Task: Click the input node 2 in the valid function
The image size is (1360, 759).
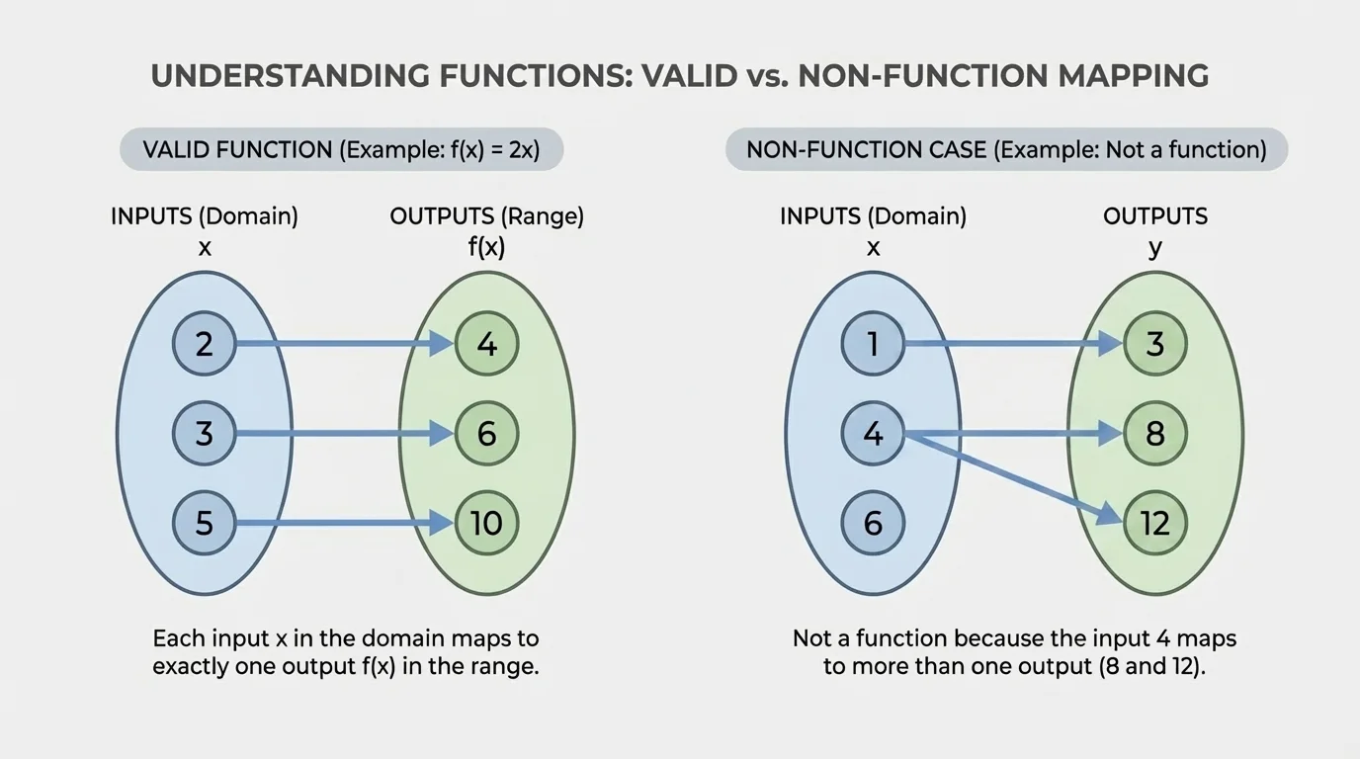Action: [x=205, y=344]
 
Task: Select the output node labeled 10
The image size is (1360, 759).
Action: [x=486, y=523]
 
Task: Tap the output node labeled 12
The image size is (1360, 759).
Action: [x=1154, y=523]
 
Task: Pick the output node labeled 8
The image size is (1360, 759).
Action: [x=1154, y=433]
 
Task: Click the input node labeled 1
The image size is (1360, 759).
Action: [x=873, y=344]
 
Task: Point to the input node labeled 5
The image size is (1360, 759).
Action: [x=205, y=523]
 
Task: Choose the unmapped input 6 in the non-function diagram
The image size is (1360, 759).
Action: [x=873, y=523]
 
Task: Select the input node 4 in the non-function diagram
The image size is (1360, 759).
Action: [x=873, y=433]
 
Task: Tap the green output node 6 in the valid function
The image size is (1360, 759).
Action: [x=486, y=433]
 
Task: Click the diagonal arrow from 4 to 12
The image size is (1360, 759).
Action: [x=1013, y=477]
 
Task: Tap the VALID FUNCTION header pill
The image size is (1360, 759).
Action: [x=341, y=150]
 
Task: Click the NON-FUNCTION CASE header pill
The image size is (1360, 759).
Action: [x=1006, y=150]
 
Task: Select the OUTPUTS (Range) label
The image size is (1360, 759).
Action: [x=486, y=216]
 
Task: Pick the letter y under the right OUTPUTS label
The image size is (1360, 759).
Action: [x=1154, y=248]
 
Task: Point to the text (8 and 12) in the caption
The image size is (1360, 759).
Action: [x=1151, y=666]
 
